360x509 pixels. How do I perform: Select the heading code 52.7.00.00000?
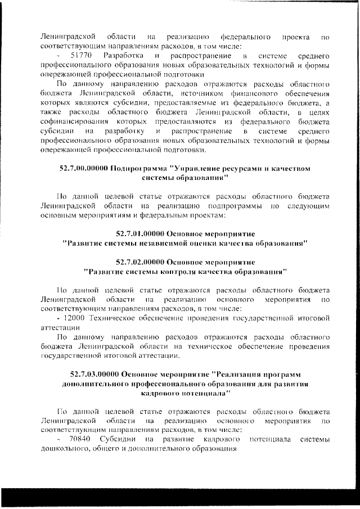click(x=84, y=168)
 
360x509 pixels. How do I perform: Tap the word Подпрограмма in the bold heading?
click(x=139, y=168)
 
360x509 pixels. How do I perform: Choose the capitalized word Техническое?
click(x=114, y=318)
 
